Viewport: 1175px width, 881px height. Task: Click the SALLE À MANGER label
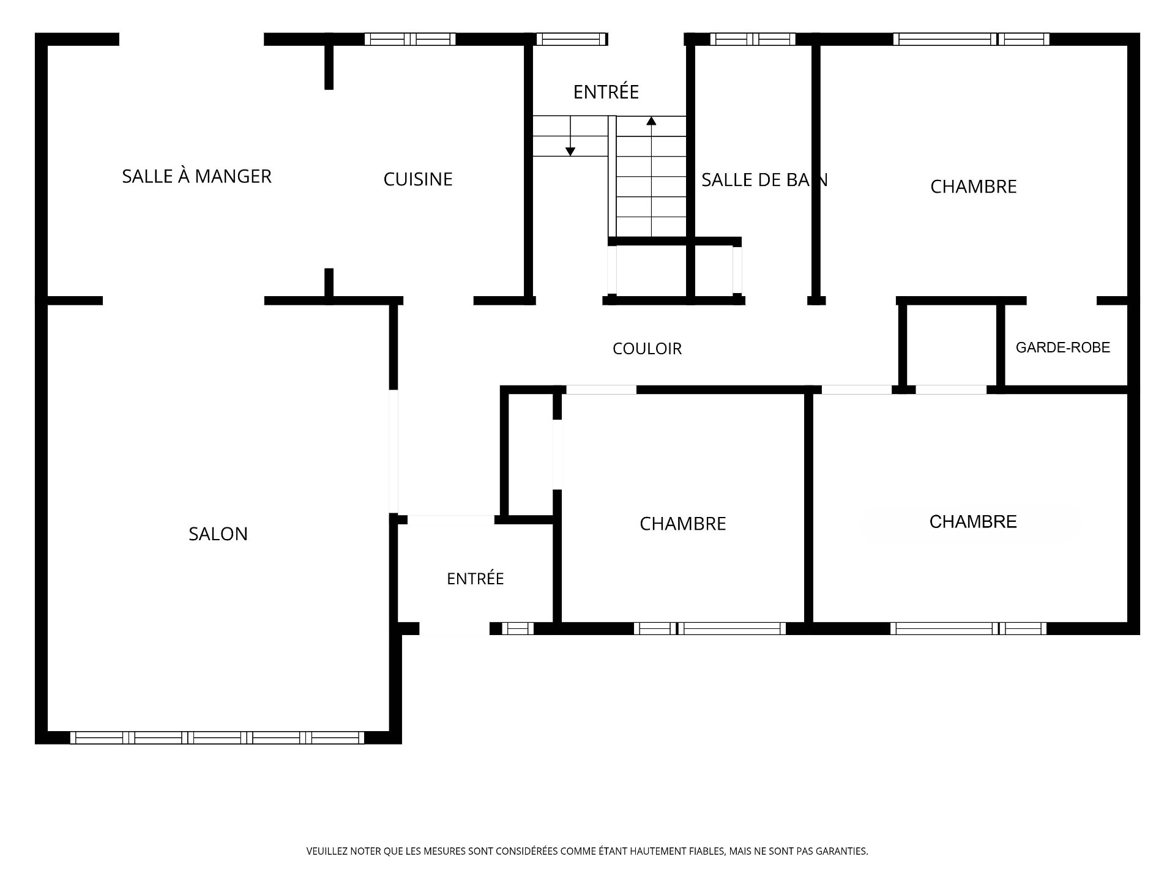(196, 176)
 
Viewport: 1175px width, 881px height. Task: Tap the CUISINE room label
(418, 179)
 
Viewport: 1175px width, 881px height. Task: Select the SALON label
(218, 534)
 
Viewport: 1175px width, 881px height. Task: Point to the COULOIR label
(647, 349)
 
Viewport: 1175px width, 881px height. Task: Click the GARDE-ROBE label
(1063, 348)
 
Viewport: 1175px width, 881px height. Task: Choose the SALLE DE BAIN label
(764, 180)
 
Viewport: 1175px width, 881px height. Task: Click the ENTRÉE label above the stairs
(606, 92)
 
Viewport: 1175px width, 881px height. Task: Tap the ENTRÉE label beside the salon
(476, 579)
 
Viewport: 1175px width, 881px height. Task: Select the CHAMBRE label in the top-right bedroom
(974, 187)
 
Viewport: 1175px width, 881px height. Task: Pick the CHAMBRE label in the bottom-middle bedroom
(683, 524)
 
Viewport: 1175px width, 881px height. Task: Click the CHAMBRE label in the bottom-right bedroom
(973, 522)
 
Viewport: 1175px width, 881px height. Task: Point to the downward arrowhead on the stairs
(570, 151)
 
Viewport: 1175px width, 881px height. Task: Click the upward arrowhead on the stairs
(651, 121)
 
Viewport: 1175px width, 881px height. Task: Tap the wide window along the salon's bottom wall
(217, 738)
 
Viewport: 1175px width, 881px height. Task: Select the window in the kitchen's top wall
(410, 39)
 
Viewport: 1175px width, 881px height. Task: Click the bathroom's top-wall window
(753, 39)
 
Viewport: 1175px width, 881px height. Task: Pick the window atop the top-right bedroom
(971, 39)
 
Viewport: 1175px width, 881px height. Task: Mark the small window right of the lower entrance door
(518, 628)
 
